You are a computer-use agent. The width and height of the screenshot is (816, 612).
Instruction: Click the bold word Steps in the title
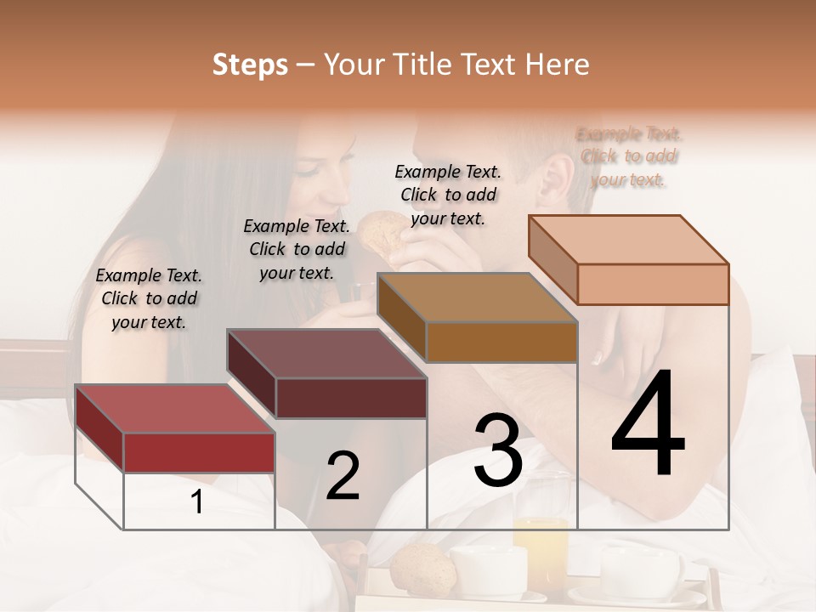coord(250,65)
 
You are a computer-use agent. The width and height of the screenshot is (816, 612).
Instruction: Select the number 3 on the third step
coord(498,450)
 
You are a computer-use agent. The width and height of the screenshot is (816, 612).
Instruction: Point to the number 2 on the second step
coord(343,476)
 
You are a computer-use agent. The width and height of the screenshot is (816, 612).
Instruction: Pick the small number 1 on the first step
coord(197,502)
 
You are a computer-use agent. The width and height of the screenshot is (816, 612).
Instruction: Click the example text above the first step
coord(149,298)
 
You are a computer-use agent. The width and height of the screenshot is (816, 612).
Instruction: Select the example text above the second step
coord(297,249)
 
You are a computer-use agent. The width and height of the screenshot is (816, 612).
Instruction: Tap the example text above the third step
coord(448,195)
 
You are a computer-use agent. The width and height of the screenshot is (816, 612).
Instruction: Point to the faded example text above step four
coord(629,156)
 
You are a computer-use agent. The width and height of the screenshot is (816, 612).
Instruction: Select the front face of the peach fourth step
coord(653,284)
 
